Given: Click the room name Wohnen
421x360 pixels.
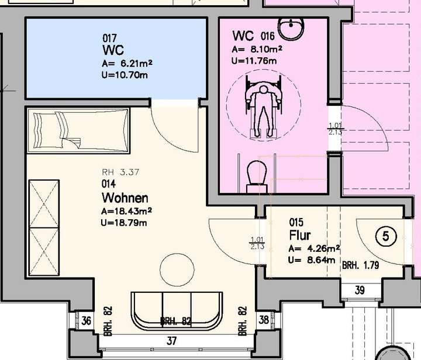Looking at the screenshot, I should (x=125, y=198).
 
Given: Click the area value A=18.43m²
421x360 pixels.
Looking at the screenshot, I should (x=127, y=211).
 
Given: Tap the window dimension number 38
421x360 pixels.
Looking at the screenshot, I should (x=264, y=320).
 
